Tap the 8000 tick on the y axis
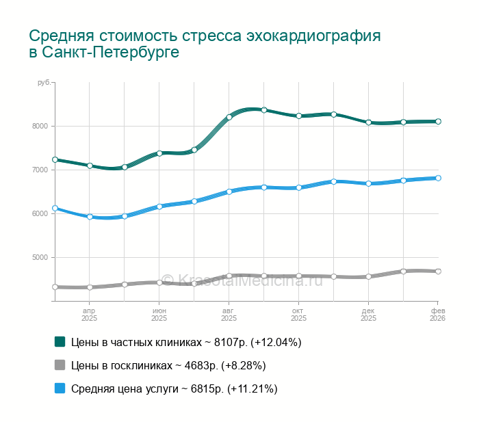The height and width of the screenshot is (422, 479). click(x=38, y=126)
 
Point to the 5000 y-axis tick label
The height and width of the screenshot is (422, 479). click(x=38, y=257)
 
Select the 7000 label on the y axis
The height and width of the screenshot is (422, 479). click(x=38, y=170)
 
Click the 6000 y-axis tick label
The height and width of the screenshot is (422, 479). click(x=38, y=213)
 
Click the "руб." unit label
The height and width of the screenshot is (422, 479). click(x=43, y=83)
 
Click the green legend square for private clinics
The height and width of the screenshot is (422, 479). click(x=60, y=341)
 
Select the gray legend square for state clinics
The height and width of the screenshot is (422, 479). click(x=60, y=365)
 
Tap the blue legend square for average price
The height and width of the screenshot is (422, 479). click(x=60, y=388)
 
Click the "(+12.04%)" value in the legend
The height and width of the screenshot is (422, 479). click(x=276, y=342)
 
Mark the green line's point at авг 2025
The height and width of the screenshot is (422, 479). click(x=229, y=117)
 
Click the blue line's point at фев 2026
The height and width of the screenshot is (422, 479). click(x=438, y=178)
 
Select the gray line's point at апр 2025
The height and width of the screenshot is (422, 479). click(x=90, y=287)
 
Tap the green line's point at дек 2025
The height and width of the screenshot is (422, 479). click(x=368, y=122)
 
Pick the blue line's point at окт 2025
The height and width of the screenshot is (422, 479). click(x=299, y=187)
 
